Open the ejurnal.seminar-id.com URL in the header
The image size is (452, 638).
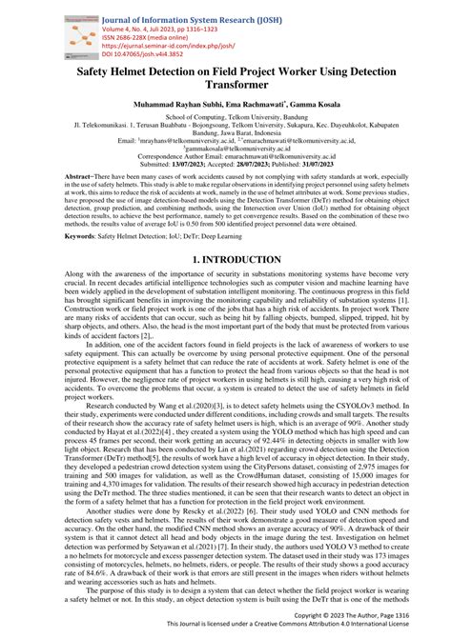coord(171,47)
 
